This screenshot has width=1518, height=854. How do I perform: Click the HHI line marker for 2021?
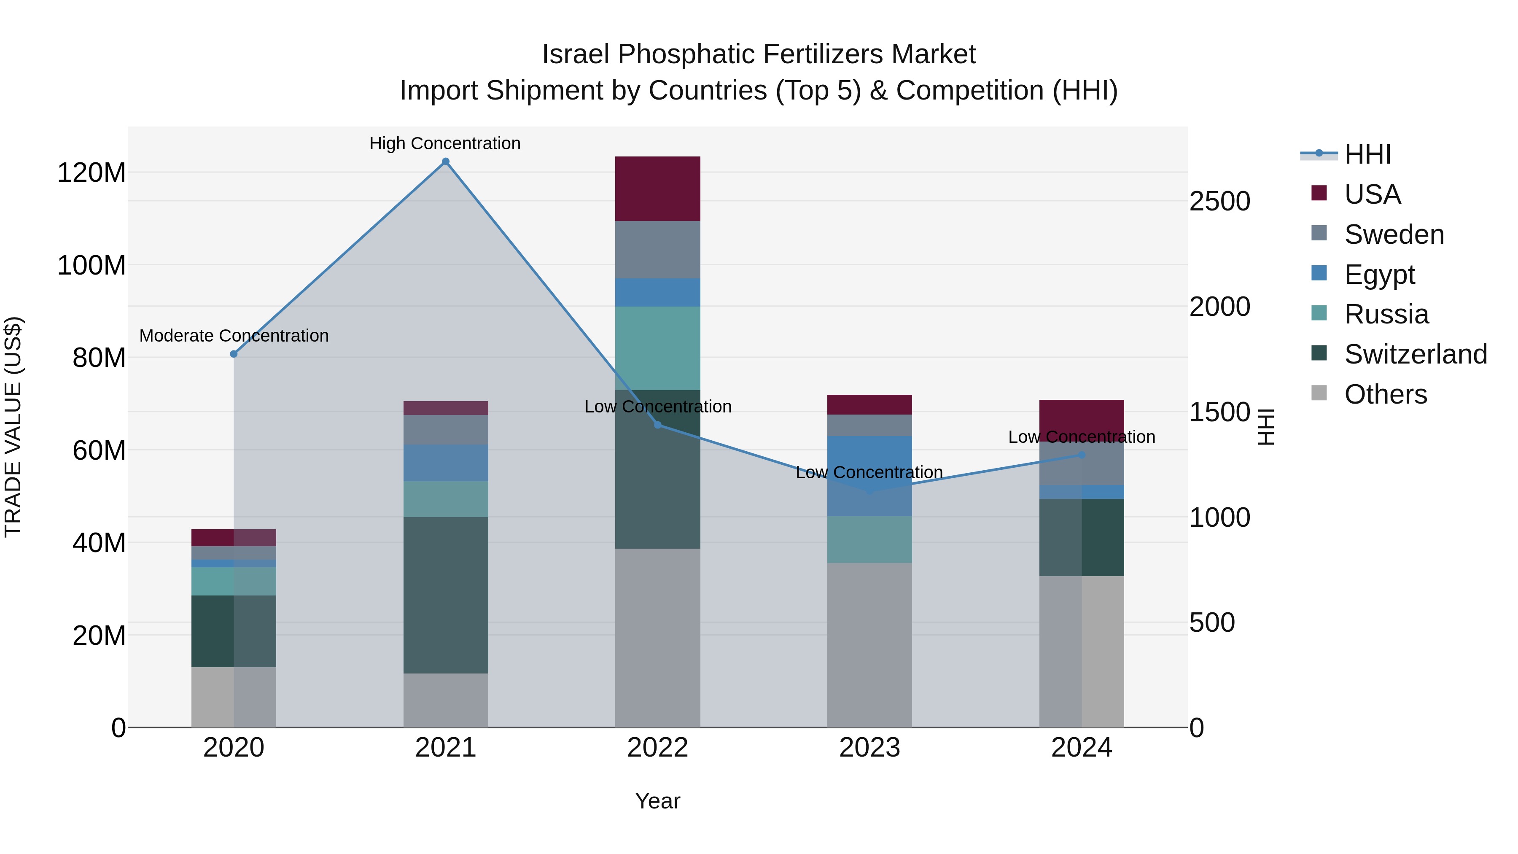pyautogui.click(x=446, y=162)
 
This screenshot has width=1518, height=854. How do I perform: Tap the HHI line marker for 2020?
pyautogui.click(x=234, y=354)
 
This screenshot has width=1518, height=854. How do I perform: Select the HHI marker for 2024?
pyautogui.click(x=1081, y=455)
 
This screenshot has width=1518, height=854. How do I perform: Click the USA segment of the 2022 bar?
pyautogui.click(x=658, y=189)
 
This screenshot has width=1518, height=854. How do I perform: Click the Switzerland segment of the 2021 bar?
pyautogui.click(x=446, y=595)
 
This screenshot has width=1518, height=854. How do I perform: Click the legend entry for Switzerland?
pyautogui.click(x=1416, y=354)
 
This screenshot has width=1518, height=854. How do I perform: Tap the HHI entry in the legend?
pyautogui.click(x=1367, y=154)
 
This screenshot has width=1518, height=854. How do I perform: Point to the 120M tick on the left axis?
pyautogui.click(x=92, y=172)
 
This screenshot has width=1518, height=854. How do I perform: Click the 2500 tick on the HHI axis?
pyautogui.click(x=1219, y=201)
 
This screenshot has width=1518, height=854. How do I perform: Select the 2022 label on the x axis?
pyautogui.click(x=658, y=748)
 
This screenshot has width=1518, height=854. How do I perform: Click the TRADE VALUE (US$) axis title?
pyautogui.click(x=13, y=427)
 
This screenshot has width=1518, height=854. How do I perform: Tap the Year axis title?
pyautogui.click(x=658, y=801)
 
